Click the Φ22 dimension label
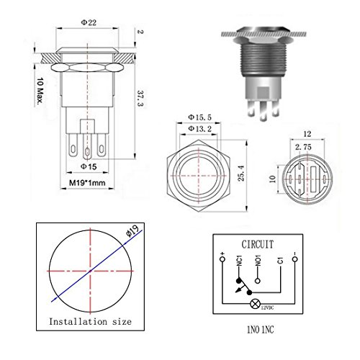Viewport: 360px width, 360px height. tap(89, 22)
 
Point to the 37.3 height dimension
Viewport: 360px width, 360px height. tap(140, 98)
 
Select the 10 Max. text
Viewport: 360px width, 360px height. tap(40, 91)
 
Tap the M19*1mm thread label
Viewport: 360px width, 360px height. tap(87, 183)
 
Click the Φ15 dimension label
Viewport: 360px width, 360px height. tap(89, 166)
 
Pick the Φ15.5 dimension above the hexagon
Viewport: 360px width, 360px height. tap(199, 117)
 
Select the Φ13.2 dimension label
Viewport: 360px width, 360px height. tap(199, 129)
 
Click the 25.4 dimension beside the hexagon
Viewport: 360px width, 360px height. tap(241, 173)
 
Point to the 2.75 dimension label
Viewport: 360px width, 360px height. tap(303, 147)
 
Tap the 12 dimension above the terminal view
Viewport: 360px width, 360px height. tap(307, 134)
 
